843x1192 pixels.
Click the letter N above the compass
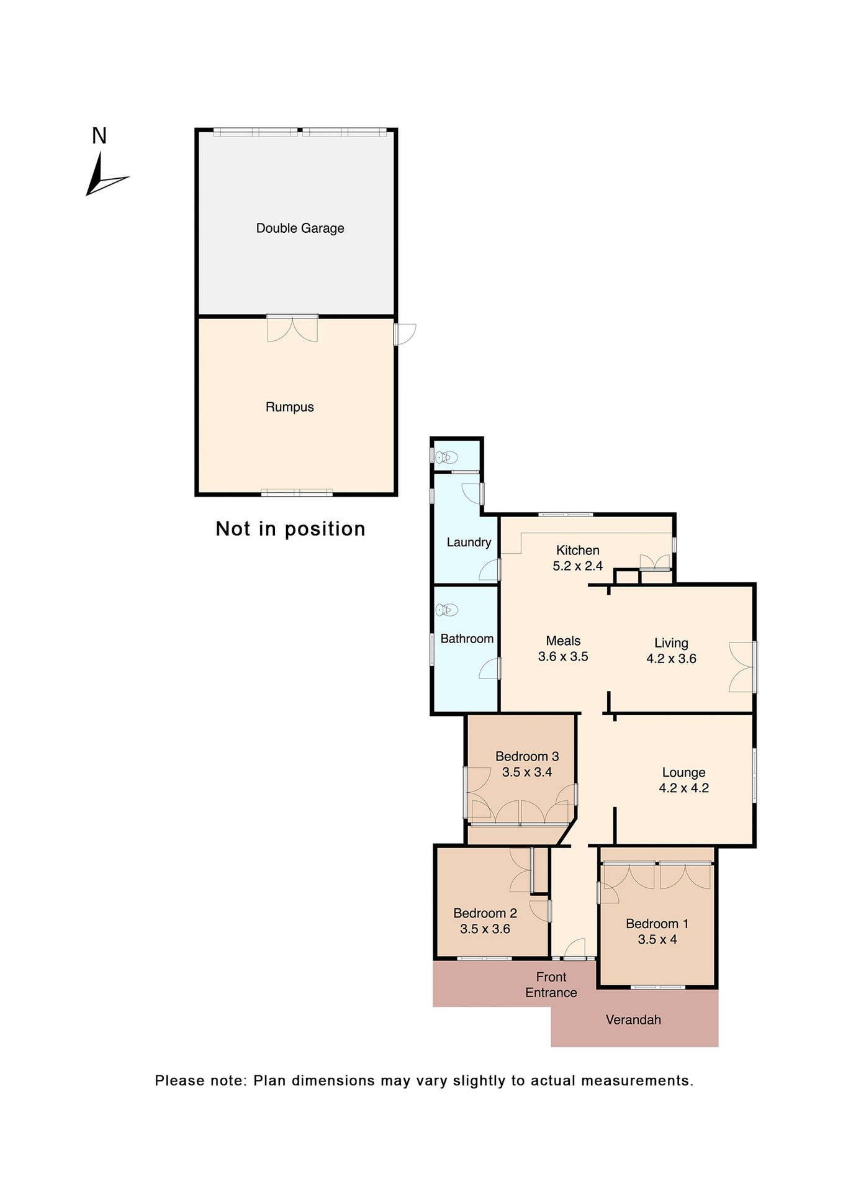pyautogui.click(x=99, y=136)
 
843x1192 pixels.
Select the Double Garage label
pyautogui.click(x=300, y=228)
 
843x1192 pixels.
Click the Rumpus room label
pyautogui.click(x=289, y=407)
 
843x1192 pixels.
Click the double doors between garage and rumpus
pyautogui.click(x=292, y=328)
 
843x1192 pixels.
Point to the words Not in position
pyautogui.click(x=290, y=529)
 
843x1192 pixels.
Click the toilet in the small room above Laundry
pyautogui.click(x=446, y=458)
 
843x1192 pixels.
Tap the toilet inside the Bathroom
pyautogui.click(x=446, y=610)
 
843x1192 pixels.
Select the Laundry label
pyautogui.click(x=469, y=543)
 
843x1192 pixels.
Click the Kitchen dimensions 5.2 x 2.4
pyautogui.click(x=577, y=566)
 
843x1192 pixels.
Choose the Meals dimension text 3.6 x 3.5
pyautogui.click(x=563, y=657)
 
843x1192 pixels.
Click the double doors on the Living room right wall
pyautogui.click(x=742, y=667)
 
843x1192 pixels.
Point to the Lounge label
pyautogui.click(x=683, y=773)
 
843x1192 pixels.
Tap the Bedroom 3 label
pyautogui.click(x=527, y=757)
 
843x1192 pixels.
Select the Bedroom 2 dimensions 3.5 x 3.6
pyautogui.click(x=485, y=929)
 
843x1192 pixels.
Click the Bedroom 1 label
pyautogui.click(x=657, y=924)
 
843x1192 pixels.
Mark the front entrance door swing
pyautogui.click(x=575, y=948)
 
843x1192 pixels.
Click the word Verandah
pyautogui.click(x=633, y=1020)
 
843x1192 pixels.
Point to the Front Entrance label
pyautogui.click(x=551, y=985)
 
